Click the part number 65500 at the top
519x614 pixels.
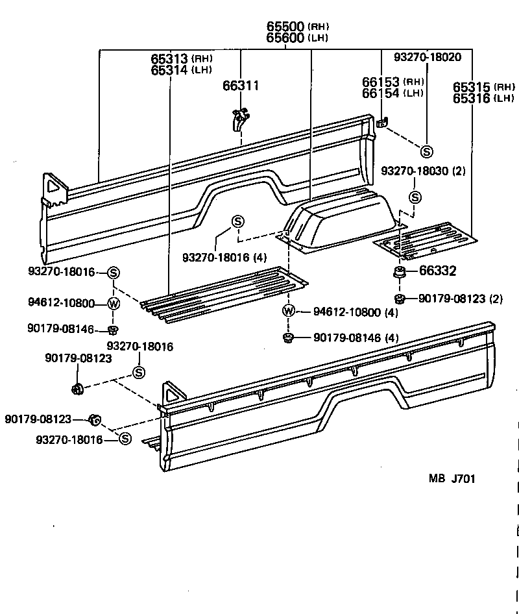(286, 27)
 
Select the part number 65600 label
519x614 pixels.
(286, 38)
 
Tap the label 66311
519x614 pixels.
(241, 85)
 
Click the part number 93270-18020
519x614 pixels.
(428, 57)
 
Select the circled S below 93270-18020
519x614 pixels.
(426, 151)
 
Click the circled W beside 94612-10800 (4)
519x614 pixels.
(289, 312)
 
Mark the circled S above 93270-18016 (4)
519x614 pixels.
(237, 221)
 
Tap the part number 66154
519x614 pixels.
(381, 93)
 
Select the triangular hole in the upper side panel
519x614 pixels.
(53, 186)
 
